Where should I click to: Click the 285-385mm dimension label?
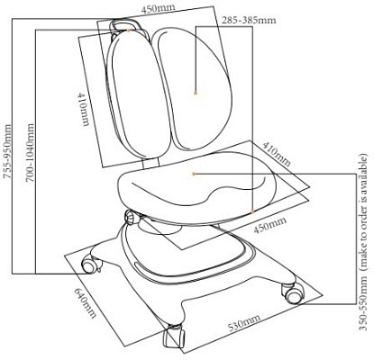(249, 20)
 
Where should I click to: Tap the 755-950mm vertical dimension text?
(7, 151)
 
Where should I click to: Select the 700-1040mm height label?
(30, 153)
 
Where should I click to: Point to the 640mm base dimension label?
(85, 303)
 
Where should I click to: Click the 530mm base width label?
(243, 322)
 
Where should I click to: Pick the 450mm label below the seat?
(269, 225)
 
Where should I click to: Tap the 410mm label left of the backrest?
(84, 109)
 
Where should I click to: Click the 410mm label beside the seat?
(277, 154)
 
